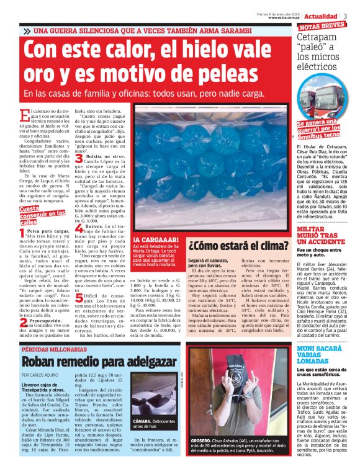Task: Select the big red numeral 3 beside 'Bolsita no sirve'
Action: click(79, 159)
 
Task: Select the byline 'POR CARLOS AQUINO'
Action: click(41, 376)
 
